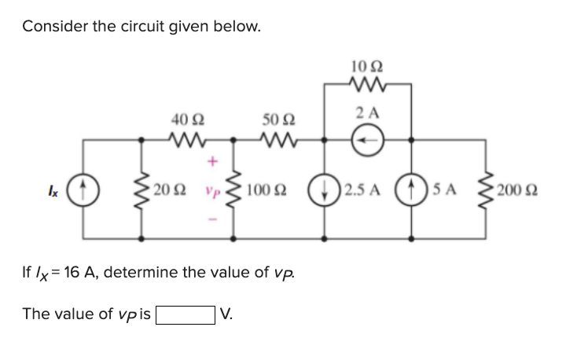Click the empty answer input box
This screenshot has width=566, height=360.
(x=186, y=314)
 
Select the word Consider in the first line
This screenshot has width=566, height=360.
(x=53, y=26)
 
